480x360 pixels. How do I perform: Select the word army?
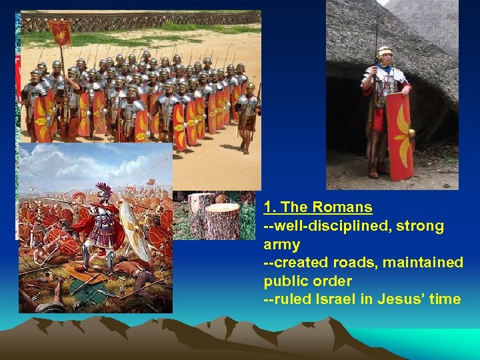[x=282, y=245]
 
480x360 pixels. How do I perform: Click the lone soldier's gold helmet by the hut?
[x=383, y=51]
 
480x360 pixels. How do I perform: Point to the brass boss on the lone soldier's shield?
[x=411, y=134]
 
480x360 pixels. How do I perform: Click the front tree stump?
[x=220, y=220]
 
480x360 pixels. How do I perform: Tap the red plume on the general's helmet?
[x=102, y=189]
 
